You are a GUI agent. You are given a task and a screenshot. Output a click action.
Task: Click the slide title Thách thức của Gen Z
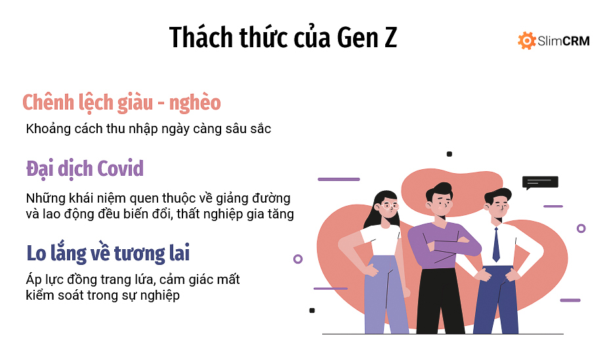(x=283, y=37)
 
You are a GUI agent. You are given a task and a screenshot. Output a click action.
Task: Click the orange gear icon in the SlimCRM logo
(x=526, y=41)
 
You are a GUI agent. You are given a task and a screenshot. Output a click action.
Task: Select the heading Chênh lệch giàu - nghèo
(x=121, y=103)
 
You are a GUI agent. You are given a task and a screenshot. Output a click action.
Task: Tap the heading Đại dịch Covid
(x=85, y=169)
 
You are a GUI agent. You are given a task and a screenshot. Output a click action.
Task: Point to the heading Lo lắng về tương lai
(x=108, y=253)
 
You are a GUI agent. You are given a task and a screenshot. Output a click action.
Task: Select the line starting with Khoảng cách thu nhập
(x=148, y=129)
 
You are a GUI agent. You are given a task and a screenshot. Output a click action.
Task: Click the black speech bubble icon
(x=539, y=182)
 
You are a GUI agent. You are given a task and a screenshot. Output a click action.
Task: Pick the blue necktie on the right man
(x=496, y=244)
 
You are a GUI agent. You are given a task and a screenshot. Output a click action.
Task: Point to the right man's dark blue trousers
(x=495, y=299)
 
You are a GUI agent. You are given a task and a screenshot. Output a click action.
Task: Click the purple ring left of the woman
(x=298, y=259)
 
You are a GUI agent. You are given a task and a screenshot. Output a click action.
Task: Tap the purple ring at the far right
(x=581, y=228)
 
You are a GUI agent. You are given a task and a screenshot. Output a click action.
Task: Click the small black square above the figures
(x=450, y=154)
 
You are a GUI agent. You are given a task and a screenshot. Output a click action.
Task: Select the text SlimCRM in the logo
(x=563, y=41)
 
